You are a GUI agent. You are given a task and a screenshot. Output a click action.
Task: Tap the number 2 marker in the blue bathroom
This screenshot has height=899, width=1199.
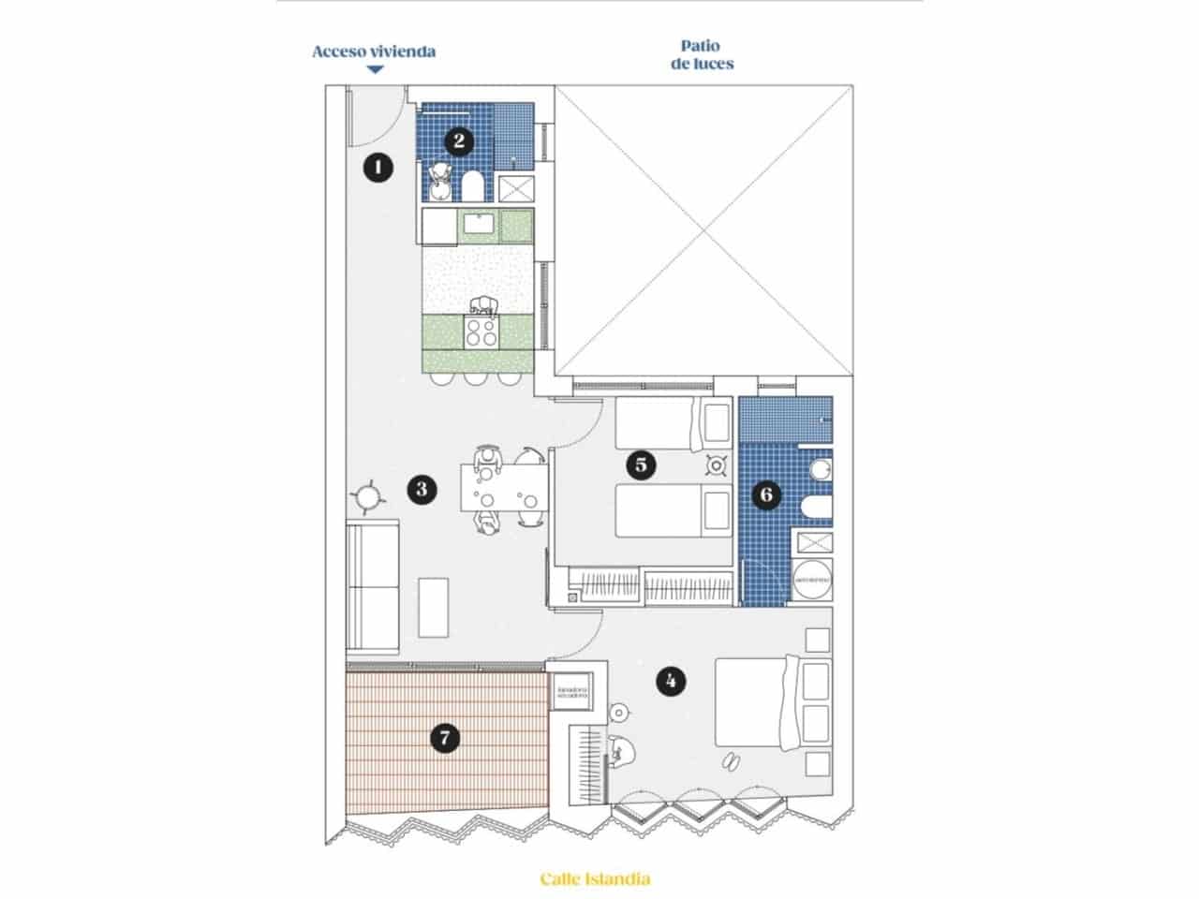coord(458,141)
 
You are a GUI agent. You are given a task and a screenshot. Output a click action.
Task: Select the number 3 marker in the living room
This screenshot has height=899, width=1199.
coord(422,488)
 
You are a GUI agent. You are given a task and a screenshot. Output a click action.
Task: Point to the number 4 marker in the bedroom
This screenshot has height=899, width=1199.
coord(669,681)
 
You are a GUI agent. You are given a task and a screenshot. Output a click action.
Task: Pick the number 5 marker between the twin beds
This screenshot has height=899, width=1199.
coord(642,464)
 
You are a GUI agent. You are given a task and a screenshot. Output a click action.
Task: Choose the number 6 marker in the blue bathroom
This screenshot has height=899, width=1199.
coord(766,494)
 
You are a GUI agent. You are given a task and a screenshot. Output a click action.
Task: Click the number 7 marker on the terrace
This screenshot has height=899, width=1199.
coord(445,739)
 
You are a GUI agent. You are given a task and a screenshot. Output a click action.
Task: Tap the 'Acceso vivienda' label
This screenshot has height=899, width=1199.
coord(374,52)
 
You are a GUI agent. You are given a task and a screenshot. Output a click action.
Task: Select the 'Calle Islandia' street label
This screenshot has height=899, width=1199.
coord(595,878)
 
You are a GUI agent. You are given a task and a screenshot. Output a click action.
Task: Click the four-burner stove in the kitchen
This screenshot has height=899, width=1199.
coord(482,332)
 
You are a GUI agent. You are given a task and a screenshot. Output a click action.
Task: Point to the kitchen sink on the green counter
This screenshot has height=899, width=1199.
coord(480,225)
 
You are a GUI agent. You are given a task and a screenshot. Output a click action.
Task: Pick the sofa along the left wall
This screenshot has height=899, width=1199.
coord(374,587)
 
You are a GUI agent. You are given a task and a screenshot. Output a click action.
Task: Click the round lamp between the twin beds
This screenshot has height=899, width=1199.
coord(718,464)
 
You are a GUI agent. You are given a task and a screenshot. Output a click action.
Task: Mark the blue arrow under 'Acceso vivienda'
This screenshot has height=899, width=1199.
coord(375,69)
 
